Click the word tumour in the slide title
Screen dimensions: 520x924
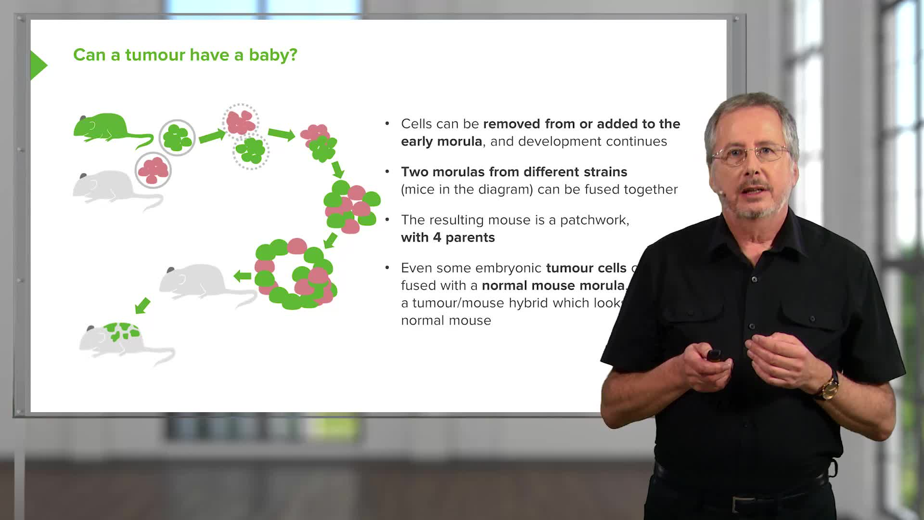tap(155, 55)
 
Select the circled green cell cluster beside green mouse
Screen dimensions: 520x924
tap(177, 138)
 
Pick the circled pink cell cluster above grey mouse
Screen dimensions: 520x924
tap(153, 170)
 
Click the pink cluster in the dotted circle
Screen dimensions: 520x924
tap(241, 121)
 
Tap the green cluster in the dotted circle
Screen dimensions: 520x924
tap(251, 151)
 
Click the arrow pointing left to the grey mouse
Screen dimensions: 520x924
tap(243, 276)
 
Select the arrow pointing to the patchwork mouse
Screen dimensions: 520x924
tap(142, 305)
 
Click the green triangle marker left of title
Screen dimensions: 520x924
tap(38, 65)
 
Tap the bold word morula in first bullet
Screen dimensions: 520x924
tap(461, 142)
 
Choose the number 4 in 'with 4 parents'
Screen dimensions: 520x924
tap(436, 237)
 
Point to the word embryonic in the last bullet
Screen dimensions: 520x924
tap(506, 268)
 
